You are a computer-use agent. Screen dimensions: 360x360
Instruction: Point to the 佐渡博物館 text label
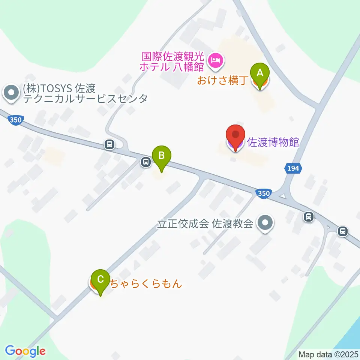pos(273,142)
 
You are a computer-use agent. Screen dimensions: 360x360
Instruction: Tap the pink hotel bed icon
pos(216,59)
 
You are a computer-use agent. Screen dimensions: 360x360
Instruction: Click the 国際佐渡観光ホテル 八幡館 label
pos(173,62)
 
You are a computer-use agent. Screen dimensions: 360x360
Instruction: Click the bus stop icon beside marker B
pos(145,162)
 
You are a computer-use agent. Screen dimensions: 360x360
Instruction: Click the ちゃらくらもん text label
pos(145,283)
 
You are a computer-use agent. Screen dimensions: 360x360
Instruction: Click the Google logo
pos(25,351)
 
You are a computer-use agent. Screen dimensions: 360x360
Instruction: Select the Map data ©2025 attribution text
pos(328,354)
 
